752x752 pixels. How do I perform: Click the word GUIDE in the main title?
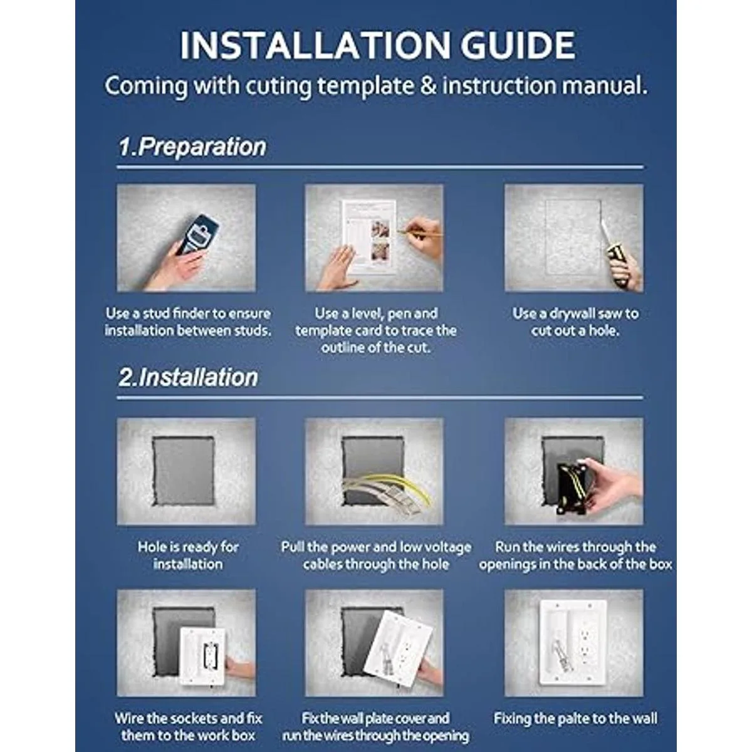pyautogui.click(x=518, y=46)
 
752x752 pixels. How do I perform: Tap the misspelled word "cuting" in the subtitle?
pyautogui.click(x=278, y=86)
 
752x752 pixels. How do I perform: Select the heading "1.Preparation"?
pyautogui.click(x=192, y=147)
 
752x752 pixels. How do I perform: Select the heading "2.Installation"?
pyautogui.click(x=188, y=377)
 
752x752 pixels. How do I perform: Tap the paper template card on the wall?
pyautogui.click(x=369, y=237)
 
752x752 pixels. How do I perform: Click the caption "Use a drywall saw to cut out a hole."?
pyautogui.click(x=575, y=322)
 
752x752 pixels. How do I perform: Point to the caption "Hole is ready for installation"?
pyautogui.click(x=188, y=555)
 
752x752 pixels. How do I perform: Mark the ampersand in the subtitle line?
pyautogui.click(x=428, y=86)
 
